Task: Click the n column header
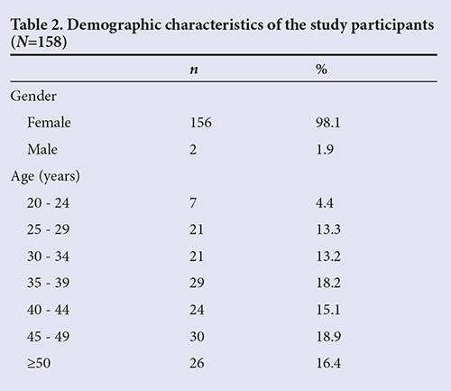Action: (x=194, y=70)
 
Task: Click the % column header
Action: (x=321, y=70)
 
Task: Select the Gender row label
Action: (x=33, y=97)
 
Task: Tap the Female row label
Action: (x=49, y=123)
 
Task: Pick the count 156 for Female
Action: (x=200, y=123)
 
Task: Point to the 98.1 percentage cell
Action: (x=327, y=123)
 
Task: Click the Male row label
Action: (x=42, y=149)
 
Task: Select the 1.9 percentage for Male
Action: (x=325, y=149)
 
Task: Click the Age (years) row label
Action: (x=45, y=176)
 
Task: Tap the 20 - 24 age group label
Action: (x=48, y=203)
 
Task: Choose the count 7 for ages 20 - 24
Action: (x=193, y=203)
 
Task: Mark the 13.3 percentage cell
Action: (x=328, y=229)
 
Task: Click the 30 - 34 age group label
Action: (x=48, y=256)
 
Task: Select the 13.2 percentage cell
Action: (x=328, y=256)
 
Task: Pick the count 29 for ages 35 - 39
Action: (x=197, y=283)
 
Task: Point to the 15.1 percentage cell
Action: (x=327, y=310)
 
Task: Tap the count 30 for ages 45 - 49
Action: (x=197, y=337)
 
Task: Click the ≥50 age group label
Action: (x=39, y=363)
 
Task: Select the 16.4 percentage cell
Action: (x=328, y=363)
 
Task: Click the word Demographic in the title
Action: (x=115, y=25)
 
